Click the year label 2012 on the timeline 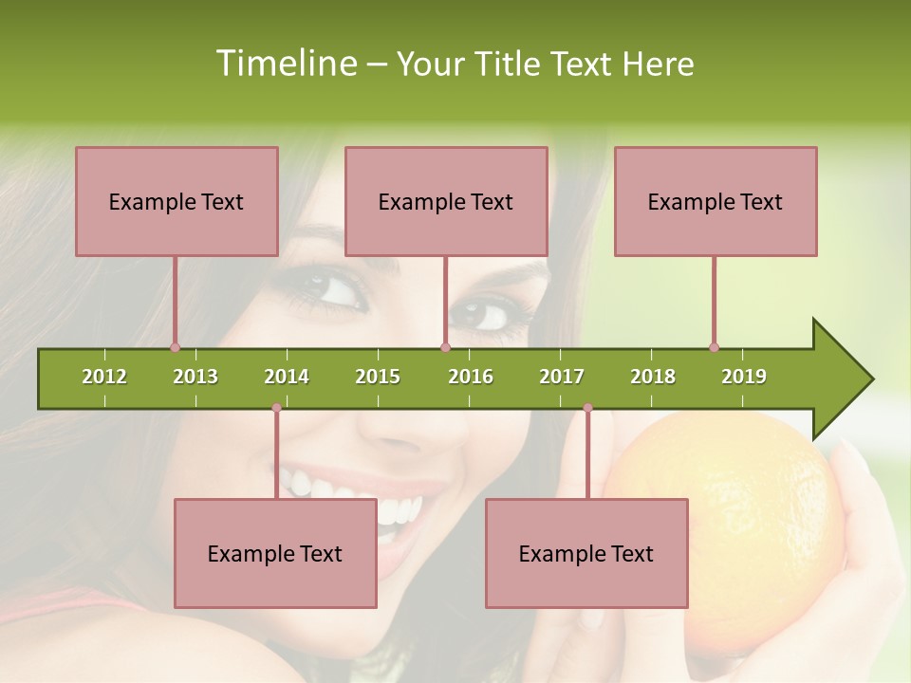(x=104, y=377)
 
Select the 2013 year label (x=195, y=377)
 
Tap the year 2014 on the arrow (x=287, y=377)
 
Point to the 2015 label (x=378, y=377)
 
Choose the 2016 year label (x=471, y=377)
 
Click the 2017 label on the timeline (x=562, y=377)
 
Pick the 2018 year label (x=653, y=377)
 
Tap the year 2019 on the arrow (x=744, y=377)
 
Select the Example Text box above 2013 (x=177, y=201)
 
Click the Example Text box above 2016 (x=446, y=201)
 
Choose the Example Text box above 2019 (x=716, y=201)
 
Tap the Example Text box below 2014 (x=275, y=553)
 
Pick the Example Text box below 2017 (x=586, y=553)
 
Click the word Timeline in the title (x=284, y=64)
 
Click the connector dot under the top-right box (x=714, y=347)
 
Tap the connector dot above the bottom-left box (x=276, y=408)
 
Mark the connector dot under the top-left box (x=175, y=347)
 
